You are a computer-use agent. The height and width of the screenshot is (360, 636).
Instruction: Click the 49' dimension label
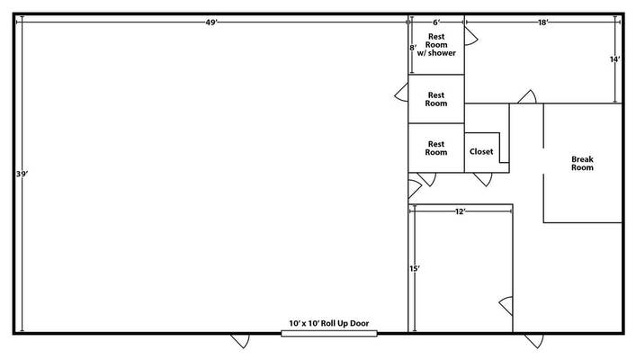pyautogui.click(x=211, y=22)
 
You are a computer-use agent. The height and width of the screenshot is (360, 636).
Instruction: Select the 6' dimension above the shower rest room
pyautogui.click(x=436, y=22)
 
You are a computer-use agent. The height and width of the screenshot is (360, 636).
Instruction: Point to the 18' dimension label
pyautogui.click(x=544, y=22)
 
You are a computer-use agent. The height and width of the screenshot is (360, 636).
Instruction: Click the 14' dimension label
pyautogui.click(x=615, y=59)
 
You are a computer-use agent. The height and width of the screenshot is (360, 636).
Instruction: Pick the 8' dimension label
pyautogui.click(x=413, y=48)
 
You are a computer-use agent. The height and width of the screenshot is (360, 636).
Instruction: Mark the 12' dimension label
pyautogui.click(x=460, y=211)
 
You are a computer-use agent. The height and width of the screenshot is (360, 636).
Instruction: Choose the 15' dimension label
pyautogui.click(x=413, y=268)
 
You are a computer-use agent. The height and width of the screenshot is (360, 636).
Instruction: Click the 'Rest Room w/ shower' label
pyautogui.click(x=436, y=45)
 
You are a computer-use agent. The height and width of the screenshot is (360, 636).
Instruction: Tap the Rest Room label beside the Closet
pyautogui.click(x=436, y=148)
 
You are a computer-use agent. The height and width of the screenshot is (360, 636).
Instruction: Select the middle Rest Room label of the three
pyautogui.click(x=436, y=98)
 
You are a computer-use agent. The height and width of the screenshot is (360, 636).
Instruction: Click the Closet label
pyautogui.click(x=481, y=151)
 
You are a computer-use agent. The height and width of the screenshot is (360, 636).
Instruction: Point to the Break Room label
pyautogui.click(x=582, y=163)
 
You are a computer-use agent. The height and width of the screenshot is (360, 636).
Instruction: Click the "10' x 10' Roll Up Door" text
pyautogui.click(x=328, y=323)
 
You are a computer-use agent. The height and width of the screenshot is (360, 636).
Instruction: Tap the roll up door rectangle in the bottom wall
pyautogui.click(x=328, y=334)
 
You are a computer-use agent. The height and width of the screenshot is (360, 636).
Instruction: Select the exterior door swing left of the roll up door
pyautogui.click(x=241, y=341)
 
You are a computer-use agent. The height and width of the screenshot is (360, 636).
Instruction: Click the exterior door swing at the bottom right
pyautogui.click(x=534, y=341)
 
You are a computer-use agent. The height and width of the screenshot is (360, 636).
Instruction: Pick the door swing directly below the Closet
pyautogui.click(x=483, y=179)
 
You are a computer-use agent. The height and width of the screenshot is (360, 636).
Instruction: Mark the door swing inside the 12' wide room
pyautogui.click(x=506, y=304)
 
